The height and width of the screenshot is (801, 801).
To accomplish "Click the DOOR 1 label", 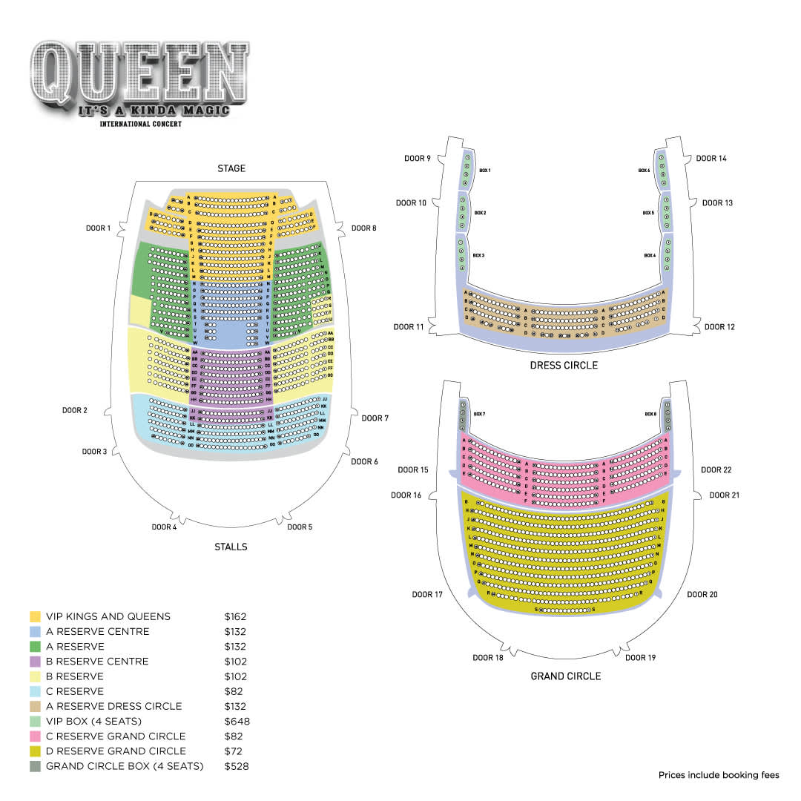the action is pos(98,228).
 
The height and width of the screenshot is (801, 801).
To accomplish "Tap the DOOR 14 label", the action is pos(711,159).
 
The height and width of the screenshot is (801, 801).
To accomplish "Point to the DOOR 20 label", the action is pos(702,595).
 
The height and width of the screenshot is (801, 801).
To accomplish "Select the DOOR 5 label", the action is pos(300,527).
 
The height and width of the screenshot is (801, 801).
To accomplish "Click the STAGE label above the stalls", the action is pos(231,169).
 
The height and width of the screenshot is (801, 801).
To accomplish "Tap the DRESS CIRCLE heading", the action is pos(564,366).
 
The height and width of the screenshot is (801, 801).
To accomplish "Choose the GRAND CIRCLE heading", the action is pos(565,676).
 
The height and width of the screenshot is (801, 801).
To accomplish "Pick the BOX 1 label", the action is pos(485,171).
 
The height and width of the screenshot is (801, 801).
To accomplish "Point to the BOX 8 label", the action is pos(650,414).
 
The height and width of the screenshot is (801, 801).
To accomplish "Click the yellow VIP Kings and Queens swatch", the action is pos(35,616).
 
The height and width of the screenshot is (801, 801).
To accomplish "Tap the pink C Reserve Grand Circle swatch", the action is pos(35,736).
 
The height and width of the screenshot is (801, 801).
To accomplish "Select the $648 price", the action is pos(237,722).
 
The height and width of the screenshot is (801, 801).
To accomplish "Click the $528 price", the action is pos(237,766).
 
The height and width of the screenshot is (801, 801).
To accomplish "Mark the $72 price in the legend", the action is pos(234,751).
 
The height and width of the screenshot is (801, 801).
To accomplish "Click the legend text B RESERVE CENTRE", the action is pos(97,662).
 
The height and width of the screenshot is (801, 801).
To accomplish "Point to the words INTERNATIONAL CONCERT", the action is pos(141,124).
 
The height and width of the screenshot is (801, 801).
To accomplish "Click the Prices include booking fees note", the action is pos(719,776).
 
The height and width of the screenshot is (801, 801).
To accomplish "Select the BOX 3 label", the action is pos(479,255).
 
